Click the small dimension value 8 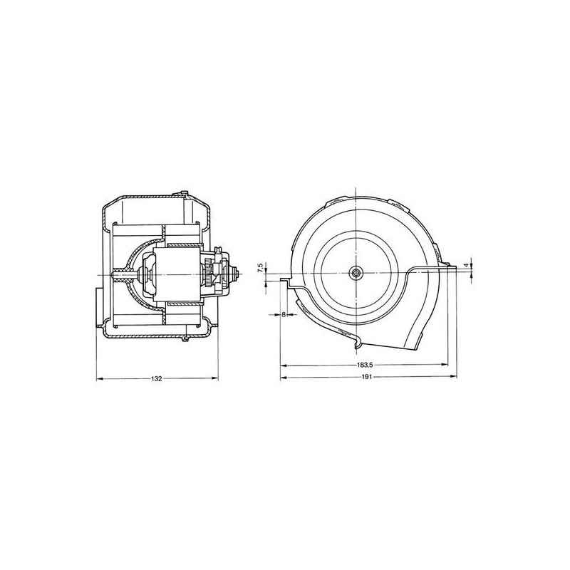coord(284,314)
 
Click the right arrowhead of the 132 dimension coord(215,378)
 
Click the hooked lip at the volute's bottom coord(356,346)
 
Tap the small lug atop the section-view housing coord(185,194)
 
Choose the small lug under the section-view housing coord(185,341)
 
